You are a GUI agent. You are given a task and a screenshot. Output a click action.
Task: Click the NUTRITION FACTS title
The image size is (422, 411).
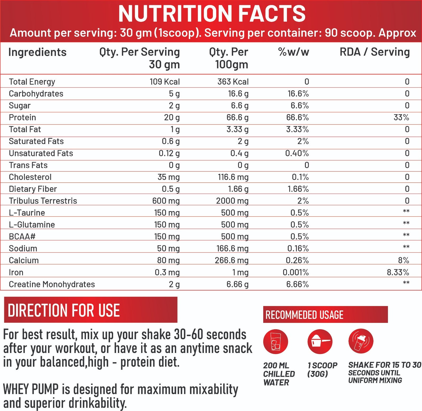tap(212, 14)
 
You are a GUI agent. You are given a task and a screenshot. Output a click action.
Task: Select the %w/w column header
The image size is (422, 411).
tap(293, 52)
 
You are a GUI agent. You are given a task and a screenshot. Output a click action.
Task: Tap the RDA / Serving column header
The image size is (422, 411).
tap(375, 52)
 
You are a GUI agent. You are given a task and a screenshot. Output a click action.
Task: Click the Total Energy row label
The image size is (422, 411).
tap(32, 82)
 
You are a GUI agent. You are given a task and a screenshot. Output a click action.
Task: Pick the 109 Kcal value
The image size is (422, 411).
tap(165, 82)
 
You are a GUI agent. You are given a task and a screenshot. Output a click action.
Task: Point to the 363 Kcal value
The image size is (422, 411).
tap(233, 82)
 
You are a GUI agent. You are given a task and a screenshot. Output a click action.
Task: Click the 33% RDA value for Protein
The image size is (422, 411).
tap(401, 117)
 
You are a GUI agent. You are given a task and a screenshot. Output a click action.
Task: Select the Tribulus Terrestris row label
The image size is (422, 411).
tap(43, 201)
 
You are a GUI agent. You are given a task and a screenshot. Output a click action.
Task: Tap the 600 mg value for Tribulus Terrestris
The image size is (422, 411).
tap(166, 201)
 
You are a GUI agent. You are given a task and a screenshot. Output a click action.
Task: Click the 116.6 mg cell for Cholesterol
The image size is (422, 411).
tap(233, 177)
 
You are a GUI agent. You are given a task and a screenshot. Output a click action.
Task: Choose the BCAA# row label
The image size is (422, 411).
tap(22, 236)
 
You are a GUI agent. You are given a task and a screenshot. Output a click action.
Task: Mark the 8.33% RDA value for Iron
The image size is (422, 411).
tap(398, 272)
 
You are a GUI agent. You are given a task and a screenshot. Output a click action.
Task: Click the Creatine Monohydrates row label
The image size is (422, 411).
tap(52, 284)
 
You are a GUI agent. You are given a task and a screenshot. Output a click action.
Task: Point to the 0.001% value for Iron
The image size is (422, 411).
tap(295, 272)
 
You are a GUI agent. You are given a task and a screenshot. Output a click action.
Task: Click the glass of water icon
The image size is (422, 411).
tap(275, 342)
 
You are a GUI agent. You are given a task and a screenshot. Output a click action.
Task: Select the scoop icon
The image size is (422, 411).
tap(320, 342)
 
